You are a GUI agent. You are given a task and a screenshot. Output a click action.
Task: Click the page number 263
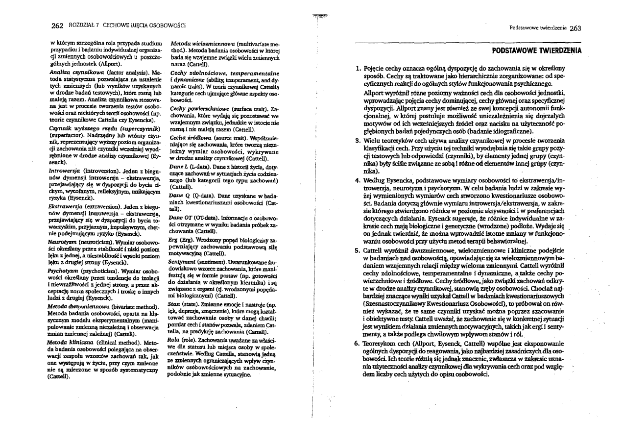[576, 28]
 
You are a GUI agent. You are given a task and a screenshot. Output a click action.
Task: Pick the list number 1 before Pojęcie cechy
[358, 69]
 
